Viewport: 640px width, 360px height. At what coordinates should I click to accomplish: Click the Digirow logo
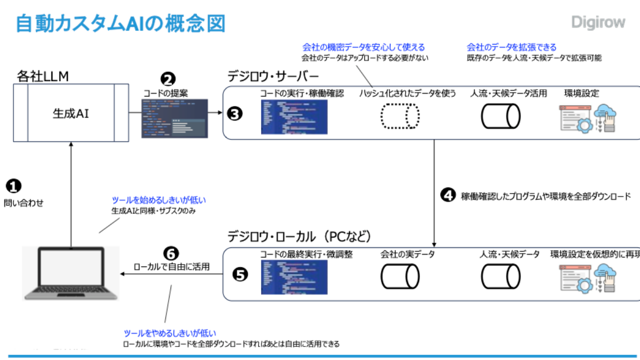click(x=598, y=22)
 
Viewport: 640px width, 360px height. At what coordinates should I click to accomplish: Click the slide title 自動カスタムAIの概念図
click(x=120, y=23)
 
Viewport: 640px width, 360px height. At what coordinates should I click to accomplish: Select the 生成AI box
click(x=70, y=113)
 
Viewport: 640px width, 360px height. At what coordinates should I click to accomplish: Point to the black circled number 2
click(x=168, y=79)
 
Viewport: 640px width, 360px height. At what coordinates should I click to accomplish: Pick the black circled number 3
click(x=234, y=114)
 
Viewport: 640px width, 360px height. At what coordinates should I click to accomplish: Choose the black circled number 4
click(x=447, y=195)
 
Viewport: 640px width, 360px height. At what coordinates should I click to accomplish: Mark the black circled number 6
click(x=171, y=253)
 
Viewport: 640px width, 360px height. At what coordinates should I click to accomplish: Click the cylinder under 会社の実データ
click(x=400, y=275)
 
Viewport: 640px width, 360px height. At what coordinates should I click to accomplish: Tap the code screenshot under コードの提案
click(x=174, y=118)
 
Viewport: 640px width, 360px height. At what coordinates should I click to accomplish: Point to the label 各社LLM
click(x=42, y=76)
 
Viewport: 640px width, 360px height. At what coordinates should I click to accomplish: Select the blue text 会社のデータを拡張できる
click(x=511, y=47)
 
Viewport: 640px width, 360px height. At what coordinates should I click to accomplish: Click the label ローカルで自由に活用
click(x=171, y=266)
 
